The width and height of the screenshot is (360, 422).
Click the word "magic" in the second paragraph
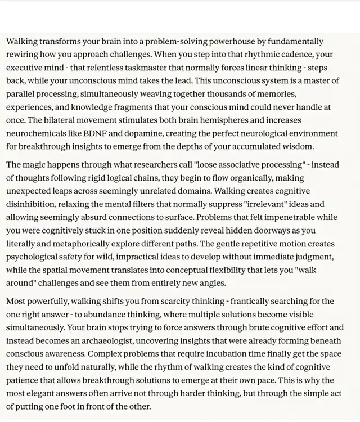pos(35,165)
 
